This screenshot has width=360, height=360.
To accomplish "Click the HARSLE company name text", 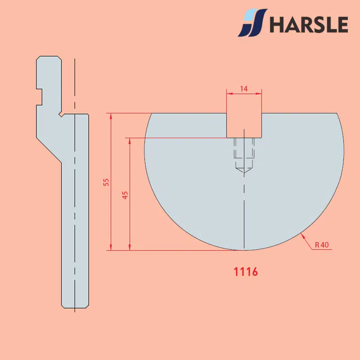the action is pyautogui.click(x=309, y=24).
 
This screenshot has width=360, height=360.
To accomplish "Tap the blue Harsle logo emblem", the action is pyautogui.click(x=252, y=23).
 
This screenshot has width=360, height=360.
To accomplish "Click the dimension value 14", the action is pyautogui.click(x=244, y=89).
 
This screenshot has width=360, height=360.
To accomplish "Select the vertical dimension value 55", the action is pyautogui.click(x=106, y=182).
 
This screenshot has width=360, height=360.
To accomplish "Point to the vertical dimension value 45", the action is pyautogui.click(x=125, y=195).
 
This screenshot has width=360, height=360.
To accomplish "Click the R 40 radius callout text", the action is pyautogui.click(x=322, y=245).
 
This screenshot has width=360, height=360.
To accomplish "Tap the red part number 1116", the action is pyautogui.click(x=246, y=272).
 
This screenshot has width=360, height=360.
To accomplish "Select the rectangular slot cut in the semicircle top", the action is pyautogui.click(x=244, y=126).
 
